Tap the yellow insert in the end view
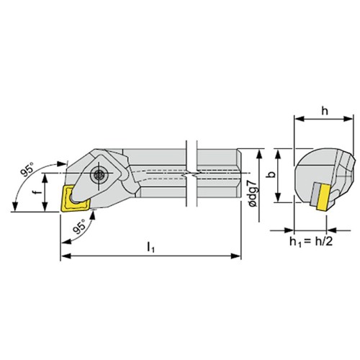[x=323, y=197]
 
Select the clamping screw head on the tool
[x=99, y=174]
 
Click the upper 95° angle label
[x=27, y=169]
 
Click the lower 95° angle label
[x=79, y=227]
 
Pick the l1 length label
[x=150, y=247]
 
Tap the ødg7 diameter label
[x=253, y=193]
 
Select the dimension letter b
[x=271, y=174]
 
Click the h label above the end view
[x=325, y=111]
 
